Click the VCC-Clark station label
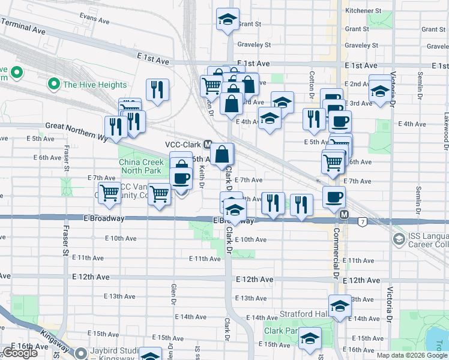click(183, 145)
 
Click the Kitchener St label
click(363, 11)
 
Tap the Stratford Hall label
click(304, 314)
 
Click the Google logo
click(20, 353)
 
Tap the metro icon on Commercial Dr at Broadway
click(344, 214)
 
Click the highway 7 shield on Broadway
click(363, 222)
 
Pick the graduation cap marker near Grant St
click(228, 20)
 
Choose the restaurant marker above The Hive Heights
click(158, 90)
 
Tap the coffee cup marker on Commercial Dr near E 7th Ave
click(334, 197)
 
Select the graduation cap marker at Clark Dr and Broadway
click(235, 210)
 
